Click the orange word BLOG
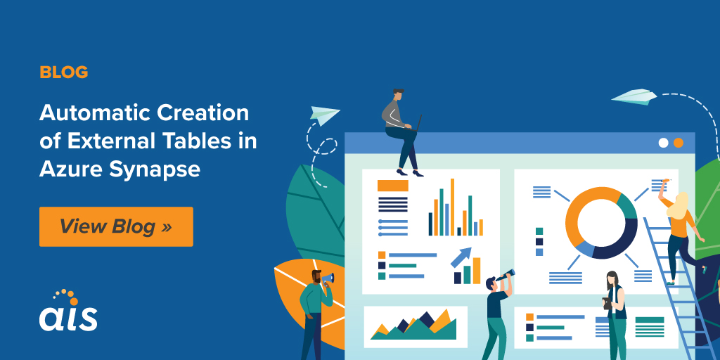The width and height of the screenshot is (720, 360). click(x=64, y=72)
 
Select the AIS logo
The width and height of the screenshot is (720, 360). click(x=68, y=310)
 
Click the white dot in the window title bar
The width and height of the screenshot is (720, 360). click(x=663, y=142)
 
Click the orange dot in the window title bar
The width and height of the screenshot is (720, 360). click(x=679, y=142)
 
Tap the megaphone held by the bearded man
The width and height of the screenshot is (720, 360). click(x=328, y=278)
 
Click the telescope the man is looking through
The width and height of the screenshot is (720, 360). click(x=504, y=276)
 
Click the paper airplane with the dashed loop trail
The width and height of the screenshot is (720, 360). click(x=325, y=115)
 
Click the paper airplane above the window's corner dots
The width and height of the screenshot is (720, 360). click(x=634, y=96)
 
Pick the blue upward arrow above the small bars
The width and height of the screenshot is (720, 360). click(x=461, y=257)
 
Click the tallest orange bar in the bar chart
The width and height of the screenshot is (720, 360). click(x=452, y=207)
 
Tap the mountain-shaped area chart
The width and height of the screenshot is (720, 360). click(x=413, y=324)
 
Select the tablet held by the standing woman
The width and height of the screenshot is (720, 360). click(x=607, y=303)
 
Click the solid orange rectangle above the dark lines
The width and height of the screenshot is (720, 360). click(x=392, y=186)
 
